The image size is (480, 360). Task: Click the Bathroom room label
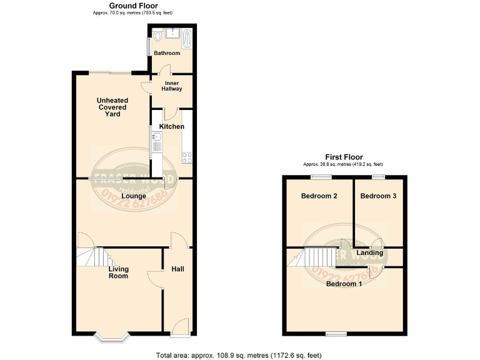coord(167,53)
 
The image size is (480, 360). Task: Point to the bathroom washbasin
coord(172,32)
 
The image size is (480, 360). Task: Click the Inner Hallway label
coord(172,86)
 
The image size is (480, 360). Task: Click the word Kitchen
coord(171,126)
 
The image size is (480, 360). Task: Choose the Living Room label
coord(118,272)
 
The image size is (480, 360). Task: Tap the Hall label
coord(177,269)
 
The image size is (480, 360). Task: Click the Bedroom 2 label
coord(319,196)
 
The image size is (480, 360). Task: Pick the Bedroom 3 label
coord(378,196)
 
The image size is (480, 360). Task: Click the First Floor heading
coord(343,157)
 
